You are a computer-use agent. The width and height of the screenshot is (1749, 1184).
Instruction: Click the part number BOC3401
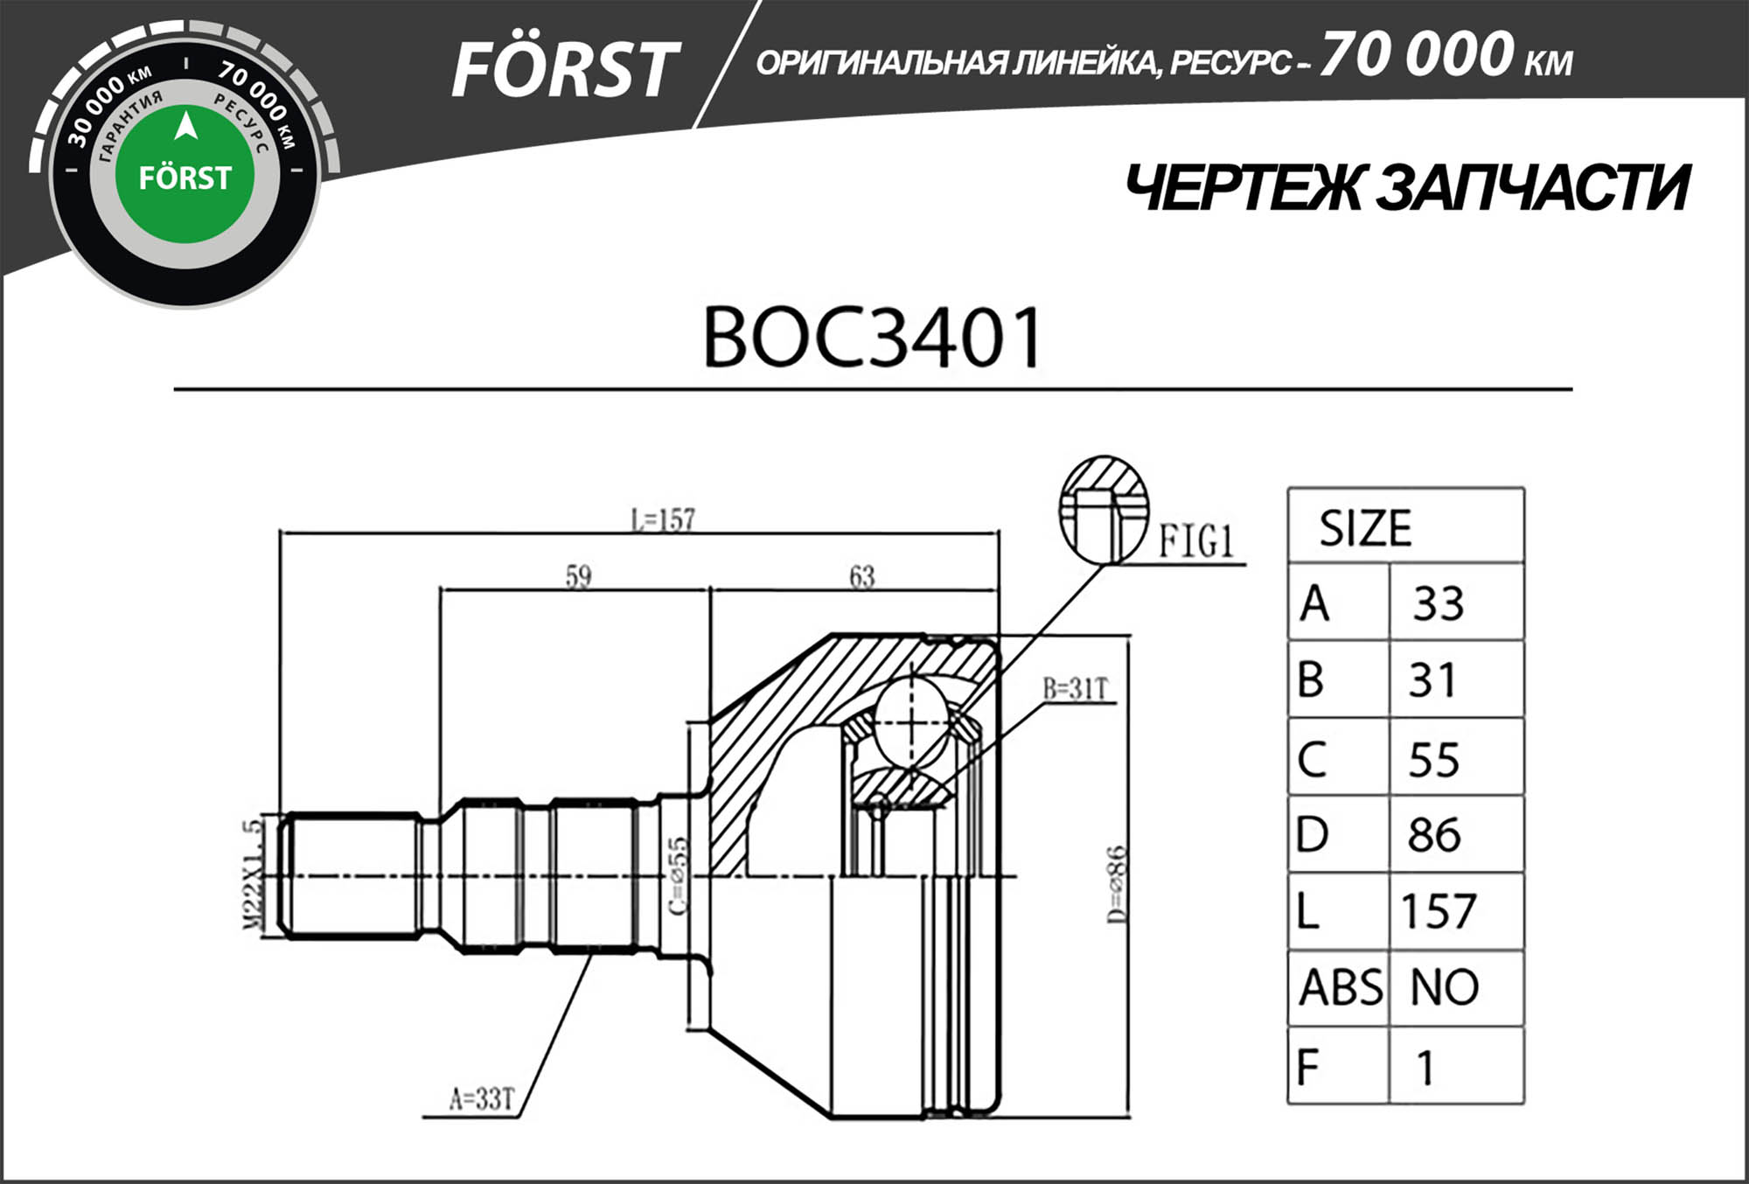click(x=872, y=337)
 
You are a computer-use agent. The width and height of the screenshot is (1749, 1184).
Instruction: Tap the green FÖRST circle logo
click(x=185, y=175)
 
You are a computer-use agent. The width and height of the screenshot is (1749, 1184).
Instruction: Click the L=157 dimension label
click(x=663, y=520)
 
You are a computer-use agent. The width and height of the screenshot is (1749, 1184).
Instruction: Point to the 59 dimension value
click(x=578, y=576)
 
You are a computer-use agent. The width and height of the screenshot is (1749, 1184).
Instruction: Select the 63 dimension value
click(x=861, y=576)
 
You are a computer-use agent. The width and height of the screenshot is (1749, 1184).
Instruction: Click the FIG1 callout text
click(x=1195, y=541)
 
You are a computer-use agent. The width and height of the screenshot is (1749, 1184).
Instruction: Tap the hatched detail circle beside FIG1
click(x=1104, y=508)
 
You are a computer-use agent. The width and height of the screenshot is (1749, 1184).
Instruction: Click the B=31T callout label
click(x=1075, y=689)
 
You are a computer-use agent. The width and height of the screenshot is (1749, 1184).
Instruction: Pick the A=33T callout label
click(x=482, y=1098)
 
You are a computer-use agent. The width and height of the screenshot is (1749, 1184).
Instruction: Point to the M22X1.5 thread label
click(x=252, y=874)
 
